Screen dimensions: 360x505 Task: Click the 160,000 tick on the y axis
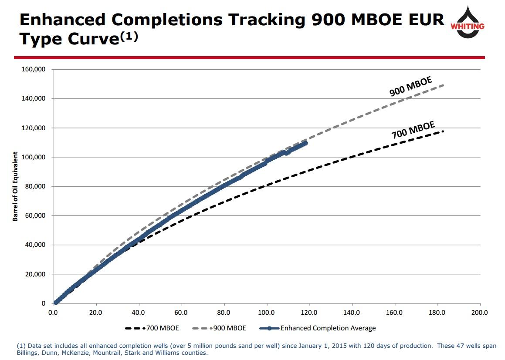click(x=34, y=70)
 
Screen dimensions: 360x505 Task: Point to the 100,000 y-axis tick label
click(x=34, y=157)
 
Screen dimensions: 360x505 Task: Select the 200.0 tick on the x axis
click(x=480, y=312)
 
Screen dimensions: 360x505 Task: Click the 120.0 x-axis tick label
click(x=309, y=312)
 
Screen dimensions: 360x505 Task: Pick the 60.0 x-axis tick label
click(x=181, y=312)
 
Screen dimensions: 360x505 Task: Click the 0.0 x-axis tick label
click(x=54, y=312)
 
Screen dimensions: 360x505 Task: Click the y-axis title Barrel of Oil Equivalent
click(x=15, y=186)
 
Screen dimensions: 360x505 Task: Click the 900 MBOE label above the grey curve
click(x=410, y=86)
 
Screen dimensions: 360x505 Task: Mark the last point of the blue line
click(x=305, y=143)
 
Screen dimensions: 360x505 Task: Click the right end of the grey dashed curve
click(x=443, y=85)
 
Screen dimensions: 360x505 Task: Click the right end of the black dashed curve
click(x=443, y=131)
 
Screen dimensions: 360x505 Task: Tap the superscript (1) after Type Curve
click(x=129, y=37)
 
